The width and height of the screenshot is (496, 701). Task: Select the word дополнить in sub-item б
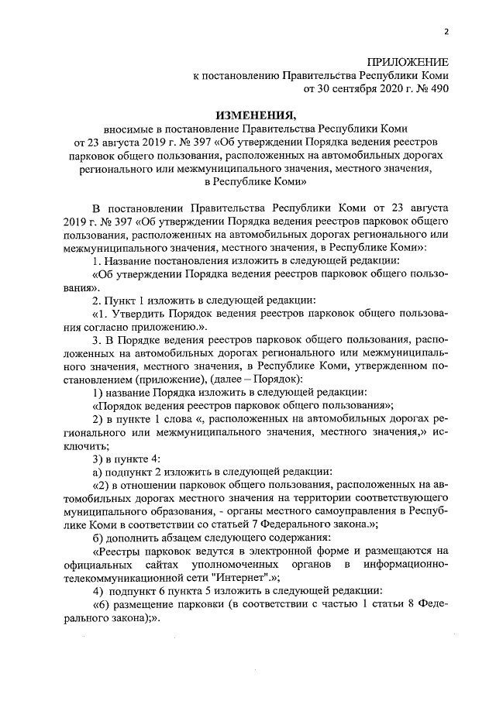click(x=134, y=538)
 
